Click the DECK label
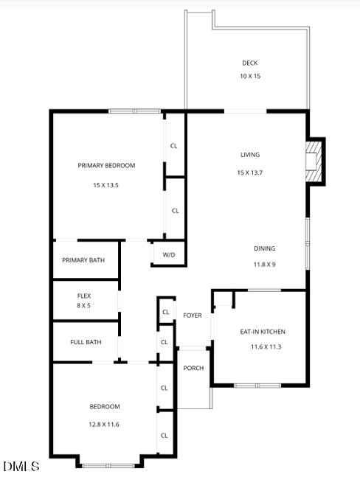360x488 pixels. pyautogui.click(x=250, y=63)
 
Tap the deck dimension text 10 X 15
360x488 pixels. pyautogui.click(x=250, y=77)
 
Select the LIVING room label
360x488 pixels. pyautogui.click(x=250, y=155)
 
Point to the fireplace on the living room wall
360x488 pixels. pyautogui.click(x=315, y=161)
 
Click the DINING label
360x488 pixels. pyautogui.click(x=265, y=248)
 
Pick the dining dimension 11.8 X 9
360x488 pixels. pyautogui.click(x=265, y=264)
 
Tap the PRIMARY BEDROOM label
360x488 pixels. pyautogui.click(x=106, y=166)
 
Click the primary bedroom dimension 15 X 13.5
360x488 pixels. pyautogui.click(x=106, y=185)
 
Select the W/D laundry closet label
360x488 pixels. pyautogui.click(x=169, y=255)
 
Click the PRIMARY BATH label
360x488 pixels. pyautogui.click(x=83, y=260)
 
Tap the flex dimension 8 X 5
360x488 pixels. pyautogui.click(x=83, y=305)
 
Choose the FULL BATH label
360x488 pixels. pyautogui.click(x=86, y=342)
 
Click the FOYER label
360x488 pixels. pyautogui.click(x=193, y=316)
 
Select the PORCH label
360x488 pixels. pyautogui.click(x=194, y=369)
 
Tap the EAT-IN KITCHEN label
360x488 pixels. pyautogui.click(x=263, y=332)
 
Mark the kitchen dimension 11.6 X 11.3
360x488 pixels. pyautogui.click(x=263, y=347)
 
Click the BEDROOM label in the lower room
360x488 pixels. pyautogui.click(x=105, y=407)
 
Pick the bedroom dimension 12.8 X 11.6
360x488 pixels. pyautogui.click(x=105, y=425)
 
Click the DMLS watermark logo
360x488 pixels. pyautogui.click(x=21, y=467)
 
